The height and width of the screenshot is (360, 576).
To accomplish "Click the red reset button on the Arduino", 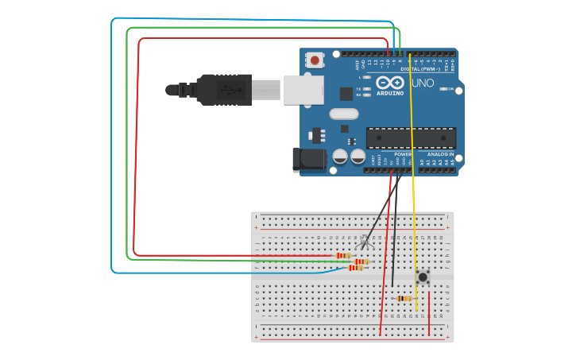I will (x=315, y=60).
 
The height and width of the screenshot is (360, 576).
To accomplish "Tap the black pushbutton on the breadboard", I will (x=423, y=277).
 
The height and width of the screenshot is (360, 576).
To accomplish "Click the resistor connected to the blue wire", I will (x=356, y=268).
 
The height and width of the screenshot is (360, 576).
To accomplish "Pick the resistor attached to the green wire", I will (x=362, y=261).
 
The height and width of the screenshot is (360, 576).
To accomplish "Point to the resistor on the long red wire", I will (x=343, y=255).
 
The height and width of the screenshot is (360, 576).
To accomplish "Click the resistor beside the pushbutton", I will (x=404, y=298).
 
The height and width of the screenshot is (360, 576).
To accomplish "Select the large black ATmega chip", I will (x=411, y=137).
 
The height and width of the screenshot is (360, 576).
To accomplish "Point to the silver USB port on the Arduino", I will (x=304, y=89).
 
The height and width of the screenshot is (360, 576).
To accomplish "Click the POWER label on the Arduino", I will (x=403, y=154).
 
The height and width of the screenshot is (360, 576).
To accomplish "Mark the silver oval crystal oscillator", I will (x=344, y=113).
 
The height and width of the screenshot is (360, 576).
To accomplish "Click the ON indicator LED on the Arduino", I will (x=443, y=89).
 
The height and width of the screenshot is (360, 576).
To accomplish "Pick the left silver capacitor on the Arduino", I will (x=340, y=156).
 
